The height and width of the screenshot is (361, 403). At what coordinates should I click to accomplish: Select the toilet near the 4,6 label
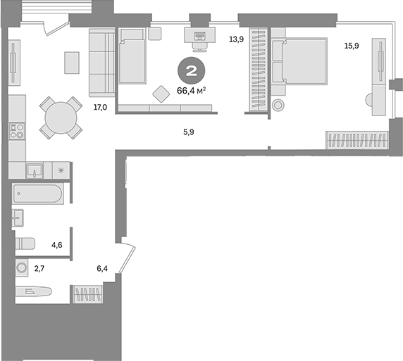[x=25, y=243]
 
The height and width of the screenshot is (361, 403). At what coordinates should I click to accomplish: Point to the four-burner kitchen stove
[x=17, y=131]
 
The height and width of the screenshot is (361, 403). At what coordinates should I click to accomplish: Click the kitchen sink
[x=35, y=170]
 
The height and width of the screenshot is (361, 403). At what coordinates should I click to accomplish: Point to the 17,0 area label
[x=100, y=108]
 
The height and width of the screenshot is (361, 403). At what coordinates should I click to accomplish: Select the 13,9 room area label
[x=236, y=40]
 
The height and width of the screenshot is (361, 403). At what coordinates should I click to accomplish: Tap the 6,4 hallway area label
[x=103, y=267]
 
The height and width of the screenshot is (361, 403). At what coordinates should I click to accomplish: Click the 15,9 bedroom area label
[x=350, y=46]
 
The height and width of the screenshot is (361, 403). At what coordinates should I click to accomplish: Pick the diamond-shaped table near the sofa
[x=160, y=92]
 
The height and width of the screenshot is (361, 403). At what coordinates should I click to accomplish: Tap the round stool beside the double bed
[x=277, y=106]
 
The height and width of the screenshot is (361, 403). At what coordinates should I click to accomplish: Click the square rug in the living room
[x=73, y=62]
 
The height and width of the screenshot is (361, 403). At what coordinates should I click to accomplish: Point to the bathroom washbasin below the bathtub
[x=18, y=217]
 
